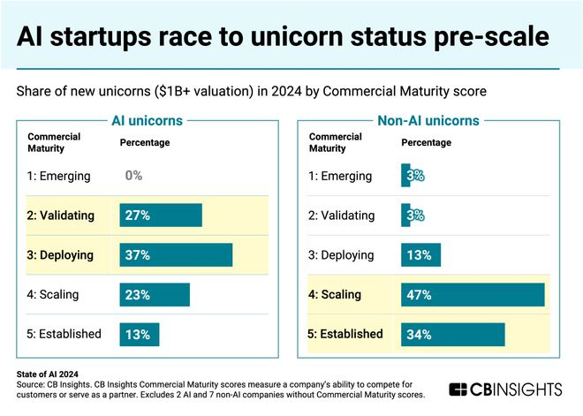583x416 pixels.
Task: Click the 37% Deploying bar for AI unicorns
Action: pyautogui.click(x=176, y=255)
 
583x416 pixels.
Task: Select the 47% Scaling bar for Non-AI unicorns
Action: pyautogui.click(x=473, y=294)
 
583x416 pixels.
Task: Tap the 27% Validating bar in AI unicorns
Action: pyautogui.click(x=161, y=216)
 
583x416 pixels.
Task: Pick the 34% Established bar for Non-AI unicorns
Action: pyautogui.click(x=452, y=334)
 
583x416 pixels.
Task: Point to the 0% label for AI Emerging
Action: pyautogui.click(x=133, y=176)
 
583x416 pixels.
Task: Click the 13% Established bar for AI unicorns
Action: pyautogui.click(x=140, y=334)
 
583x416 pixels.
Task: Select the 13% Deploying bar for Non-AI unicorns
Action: pyautogui.click(x=420, y=255)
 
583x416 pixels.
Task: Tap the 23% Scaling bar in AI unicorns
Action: pyautogui.click(x=155, y=295)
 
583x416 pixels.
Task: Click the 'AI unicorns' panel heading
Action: pyautogui.click(x=147, y=121)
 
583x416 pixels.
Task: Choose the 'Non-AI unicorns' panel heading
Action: pyautogui.click(x=428, y=121)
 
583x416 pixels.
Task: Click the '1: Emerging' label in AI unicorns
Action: pyautogui.click(x=59, y=176)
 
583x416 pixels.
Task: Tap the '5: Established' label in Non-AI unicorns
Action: pyautogui.click(x=345, y=334)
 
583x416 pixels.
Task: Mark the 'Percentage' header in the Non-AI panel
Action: pyautogui.click(x=428, y=142)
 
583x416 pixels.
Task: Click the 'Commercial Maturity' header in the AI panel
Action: pyautogui.click(x=55, y=142)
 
